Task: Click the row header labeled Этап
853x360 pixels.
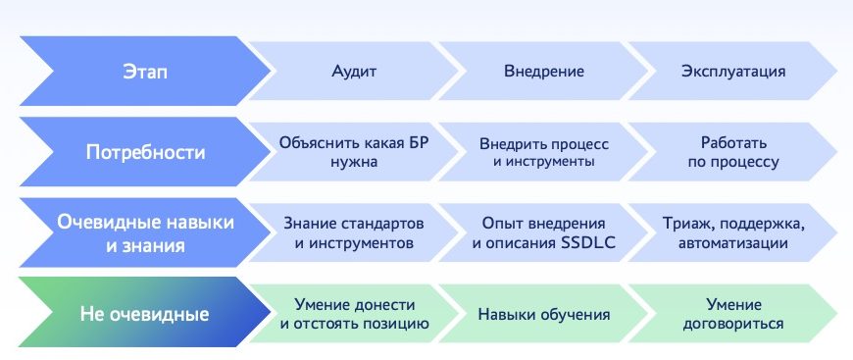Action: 145,72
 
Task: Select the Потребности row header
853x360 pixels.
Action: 145,152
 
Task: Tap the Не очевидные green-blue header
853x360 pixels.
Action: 145,314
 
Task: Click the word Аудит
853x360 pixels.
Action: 354,72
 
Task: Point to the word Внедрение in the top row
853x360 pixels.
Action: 544,72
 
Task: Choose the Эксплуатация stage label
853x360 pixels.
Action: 733,72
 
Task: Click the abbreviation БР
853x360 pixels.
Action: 418,143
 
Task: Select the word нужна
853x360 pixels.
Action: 354,162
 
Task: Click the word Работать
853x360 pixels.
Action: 733,142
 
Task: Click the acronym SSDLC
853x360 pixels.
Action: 587,243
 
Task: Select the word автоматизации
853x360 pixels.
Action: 733,243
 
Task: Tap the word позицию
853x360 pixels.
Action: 395,324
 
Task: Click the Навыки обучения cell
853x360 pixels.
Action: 544,314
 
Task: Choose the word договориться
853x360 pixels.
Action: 733,324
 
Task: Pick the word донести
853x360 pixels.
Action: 383,304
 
